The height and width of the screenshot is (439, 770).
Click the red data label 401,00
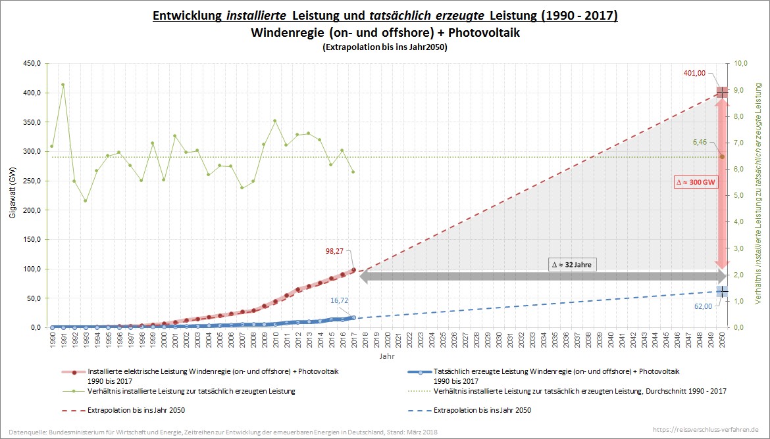[x=694, y=74]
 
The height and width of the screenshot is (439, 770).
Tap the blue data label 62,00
[x=703, y=306]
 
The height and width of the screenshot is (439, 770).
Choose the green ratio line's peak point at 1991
[x=63, y=84]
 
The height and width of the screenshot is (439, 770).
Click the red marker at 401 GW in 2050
[x=722, y=92]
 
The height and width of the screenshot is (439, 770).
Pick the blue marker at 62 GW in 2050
[x=722, y=291]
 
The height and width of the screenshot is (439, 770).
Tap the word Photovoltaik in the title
[x=481, y=32]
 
